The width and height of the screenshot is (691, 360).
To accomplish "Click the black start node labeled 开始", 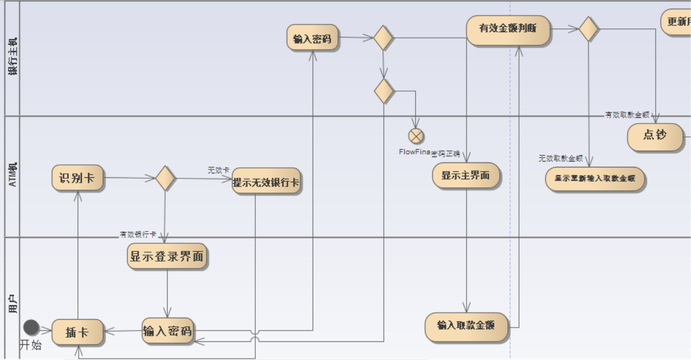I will click(x=31, y=327).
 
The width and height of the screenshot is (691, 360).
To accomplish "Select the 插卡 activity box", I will click(x=77, y=332).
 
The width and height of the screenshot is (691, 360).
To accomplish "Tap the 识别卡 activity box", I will click(x=77, y=178).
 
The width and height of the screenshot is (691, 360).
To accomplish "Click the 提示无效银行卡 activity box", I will click(x=266, y=183).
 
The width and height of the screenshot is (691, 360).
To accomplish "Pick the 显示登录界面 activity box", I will click(x=167, y=257).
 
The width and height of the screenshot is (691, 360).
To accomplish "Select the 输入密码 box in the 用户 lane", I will click(x=167, y=331).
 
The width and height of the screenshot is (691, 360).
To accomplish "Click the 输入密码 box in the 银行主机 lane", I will click(x=312, y=38).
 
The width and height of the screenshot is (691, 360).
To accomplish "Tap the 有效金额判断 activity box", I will click(x=508, y=29).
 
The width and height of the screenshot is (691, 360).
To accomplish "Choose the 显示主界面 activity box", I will click(x=466, y=175).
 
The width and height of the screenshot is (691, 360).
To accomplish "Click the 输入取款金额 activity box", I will click(x=466, y=326).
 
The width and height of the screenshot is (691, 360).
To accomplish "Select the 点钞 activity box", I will click(x=655, y=135).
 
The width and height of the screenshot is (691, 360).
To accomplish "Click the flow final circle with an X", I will click(x=416, y=135).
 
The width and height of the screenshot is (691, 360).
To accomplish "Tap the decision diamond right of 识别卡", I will click(x=165, y=178).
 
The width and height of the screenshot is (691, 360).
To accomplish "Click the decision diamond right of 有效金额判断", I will click(x=589, y=29).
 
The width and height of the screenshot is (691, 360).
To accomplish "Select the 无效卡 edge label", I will click(x=218, y=170).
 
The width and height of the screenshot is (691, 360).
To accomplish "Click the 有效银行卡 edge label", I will click(x=138, y=234).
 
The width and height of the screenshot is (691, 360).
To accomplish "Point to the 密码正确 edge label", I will click(x=446, y=154).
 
